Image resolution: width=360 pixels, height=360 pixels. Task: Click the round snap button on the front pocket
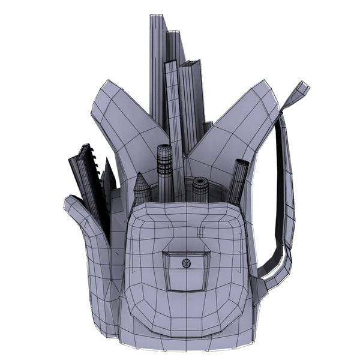(x=186, y=262)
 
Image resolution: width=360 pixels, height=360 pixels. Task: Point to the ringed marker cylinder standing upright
(x=165, y=171)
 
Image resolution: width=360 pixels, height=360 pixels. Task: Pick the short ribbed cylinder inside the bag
(x=200, y=189)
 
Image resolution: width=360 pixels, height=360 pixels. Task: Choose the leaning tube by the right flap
(x=238, y=180)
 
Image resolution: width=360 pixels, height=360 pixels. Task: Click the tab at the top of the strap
(x=297, y=93)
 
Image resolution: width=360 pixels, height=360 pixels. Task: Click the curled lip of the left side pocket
(x=75, y=207)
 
